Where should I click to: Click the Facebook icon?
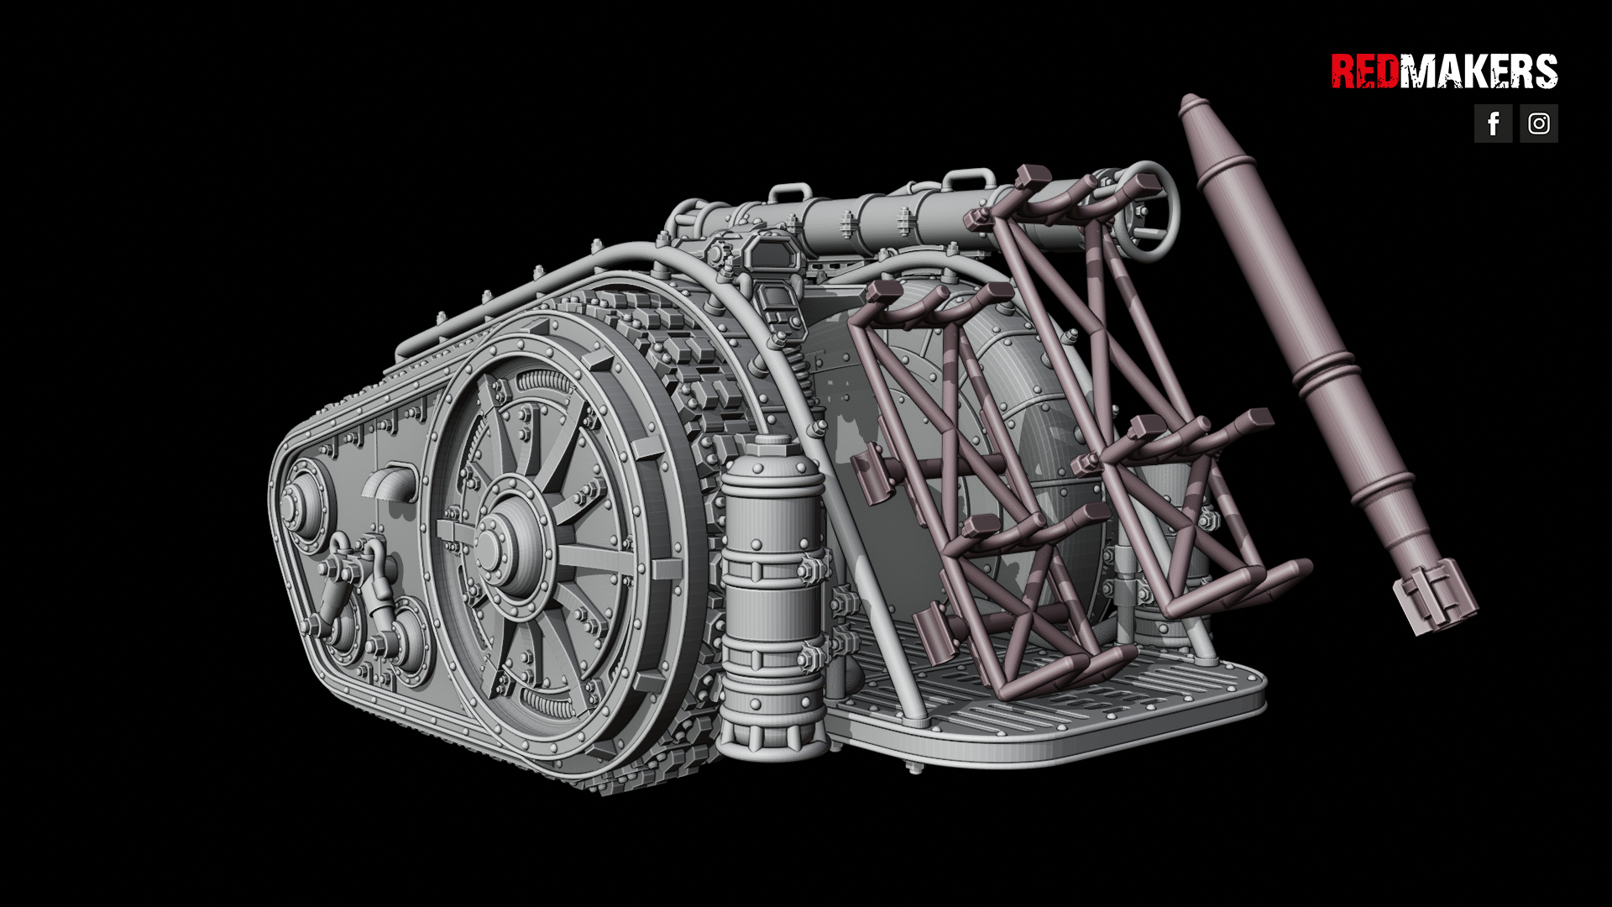1493,123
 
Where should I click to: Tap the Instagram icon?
1538,123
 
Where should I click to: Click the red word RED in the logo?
1364,71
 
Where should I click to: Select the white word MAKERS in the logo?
1479,71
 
